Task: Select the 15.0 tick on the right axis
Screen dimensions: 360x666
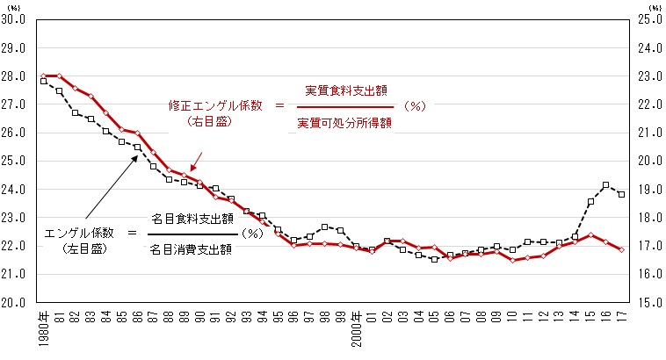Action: tap(645, 302)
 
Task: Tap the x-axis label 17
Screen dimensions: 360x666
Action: tap(621, 316)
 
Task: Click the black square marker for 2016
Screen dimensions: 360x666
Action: tap(605, 185)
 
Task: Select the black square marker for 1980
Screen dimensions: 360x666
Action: tap(43, 81)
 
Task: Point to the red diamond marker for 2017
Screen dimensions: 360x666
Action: tap(621, 249)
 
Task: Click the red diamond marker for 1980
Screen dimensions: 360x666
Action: tap(43, 76)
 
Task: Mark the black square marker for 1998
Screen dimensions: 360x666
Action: tap(324, 227)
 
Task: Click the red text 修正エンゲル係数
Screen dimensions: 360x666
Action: tap(215, 104)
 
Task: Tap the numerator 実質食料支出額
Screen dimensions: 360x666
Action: tap(346, 90)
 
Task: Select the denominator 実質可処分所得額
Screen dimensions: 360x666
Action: tap(344, 122)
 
